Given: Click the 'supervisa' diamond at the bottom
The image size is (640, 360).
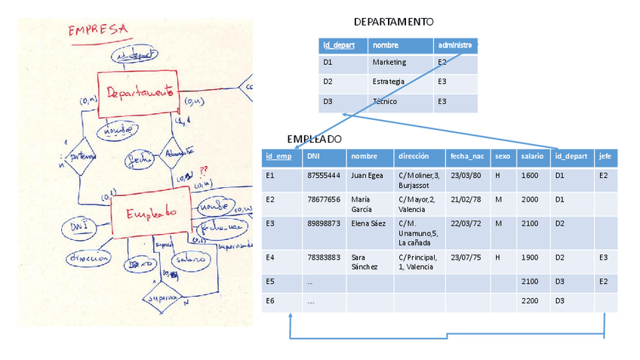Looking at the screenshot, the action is click(x=164, y=298).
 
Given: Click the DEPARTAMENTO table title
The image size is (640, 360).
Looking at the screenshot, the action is click(x=393, y=22).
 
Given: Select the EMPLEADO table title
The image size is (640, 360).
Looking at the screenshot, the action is click(x=315, y=140).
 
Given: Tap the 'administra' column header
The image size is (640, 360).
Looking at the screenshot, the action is click(x=455, y=45).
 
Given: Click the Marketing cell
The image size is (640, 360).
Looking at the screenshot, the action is click(x=389, y=63).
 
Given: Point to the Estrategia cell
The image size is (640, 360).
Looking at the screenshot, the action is click(x=389, y=82).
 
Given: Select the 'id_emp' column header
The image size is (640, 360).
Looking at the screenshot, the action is click(x=279, y=156).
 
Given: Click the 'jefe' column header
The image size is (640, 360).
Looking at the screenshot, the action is click(x=605, y=156).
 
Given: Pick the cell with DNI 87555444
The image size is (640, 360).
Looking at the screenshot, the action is click(x=324, y=175).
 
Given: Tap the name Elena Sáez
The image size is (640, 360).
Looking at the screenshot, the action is click(x=368, y=223).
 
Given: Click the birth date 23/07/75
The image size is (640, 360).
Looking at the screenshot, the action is click(x=466, y=257).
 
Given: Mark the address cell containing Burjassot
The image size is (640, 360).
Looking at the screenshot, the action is click(x=418, y=180).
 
